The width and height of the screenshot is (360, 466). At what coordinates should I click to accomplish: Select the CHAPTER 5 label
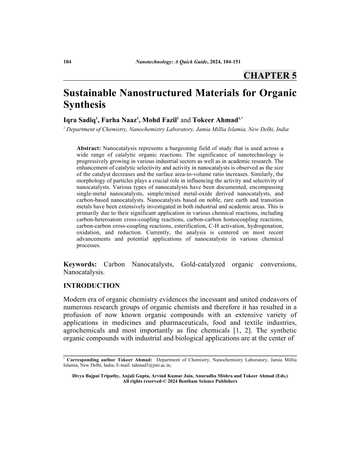coord(270,75)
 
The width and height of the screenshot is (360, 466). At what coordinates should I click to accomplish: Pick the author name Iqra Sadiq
coord(80,120)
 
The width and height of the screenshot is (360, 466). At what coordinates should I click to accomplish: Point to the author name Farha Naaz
coord(119,120)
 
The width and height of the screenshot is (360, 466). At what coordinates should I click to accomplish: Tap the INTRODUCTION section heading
coord(91,286)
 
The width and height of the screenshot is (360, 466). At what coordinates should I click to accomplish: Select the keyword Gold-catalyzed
coord(205,264)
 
